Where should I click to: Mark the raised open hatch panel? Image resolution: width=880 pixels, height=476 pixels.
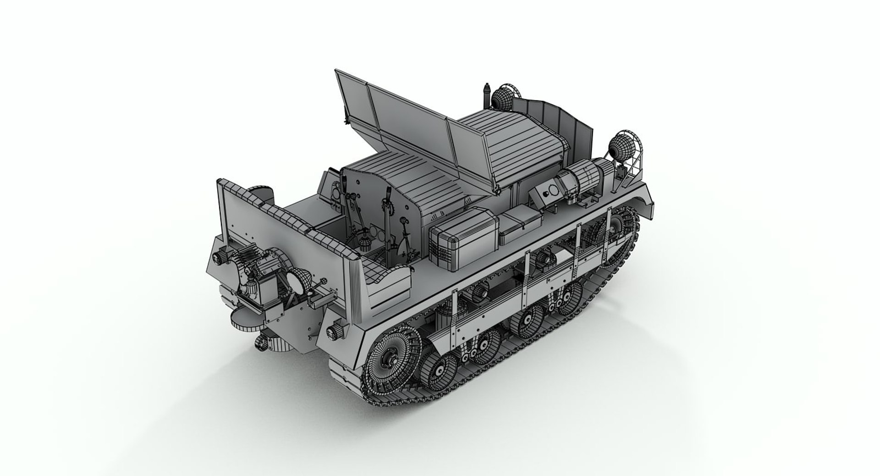click(x=403, y=119)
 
